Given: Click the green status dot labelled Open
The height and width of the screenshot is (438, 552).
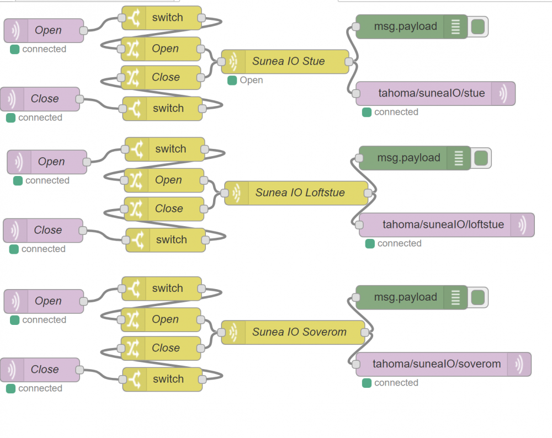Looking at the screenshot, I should (232, 81).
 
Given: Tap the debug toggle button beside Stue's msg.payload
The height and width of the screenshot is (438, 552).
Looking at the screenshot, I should (478, 26).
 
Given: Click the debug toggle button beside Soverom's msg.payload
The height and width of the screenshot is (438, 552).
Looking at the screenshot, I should (478, 297).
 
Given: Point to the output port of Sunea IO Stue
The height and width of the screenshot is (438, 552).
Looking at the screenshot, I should (349, 62).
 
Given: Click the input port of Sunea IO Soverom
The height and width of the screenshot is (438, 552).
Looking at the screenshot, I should (221, 333).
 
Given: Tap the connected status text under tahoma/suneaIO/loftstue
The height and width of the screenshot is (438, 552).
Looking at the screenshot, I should (399, 243).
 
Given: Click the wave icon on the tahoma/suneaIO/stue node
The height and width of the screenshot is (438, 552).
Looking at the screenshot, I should (503, 93).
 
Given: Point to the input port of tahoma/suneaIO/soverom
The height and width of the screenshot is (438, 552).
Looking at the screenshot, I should (357, 364).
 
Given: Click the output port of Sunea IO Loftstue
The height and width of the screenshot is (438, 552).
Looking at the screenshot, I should (369, 193).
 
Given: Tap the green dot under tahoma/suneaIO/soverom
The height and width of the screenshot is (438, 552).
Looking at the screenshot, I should (367, 383).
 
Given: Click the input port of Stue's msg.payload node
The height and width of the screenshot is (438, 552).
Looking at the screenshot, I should (357, 26).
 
